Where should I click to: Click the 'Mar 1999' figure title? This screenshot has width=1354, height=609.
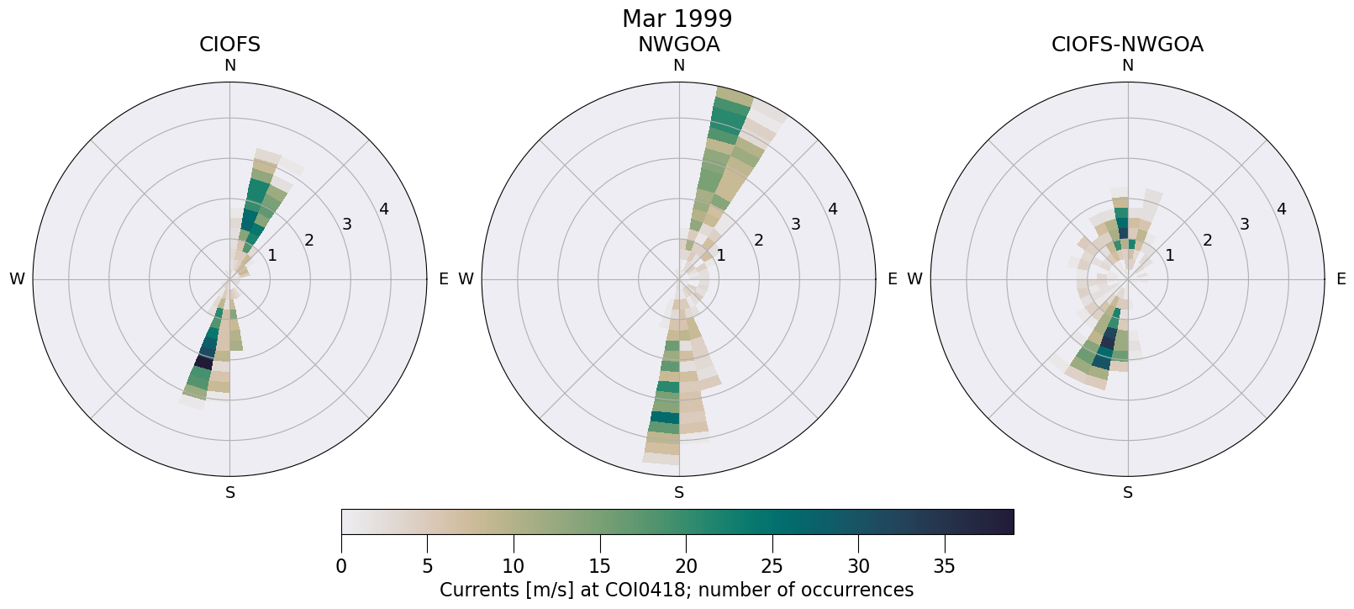click(x=677, y=19)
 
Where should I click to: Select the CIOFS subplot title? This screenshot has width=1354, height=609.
click(x=229, y=45)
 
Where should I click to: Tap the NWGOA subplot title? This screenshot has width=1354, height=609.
click(x=678, y=45)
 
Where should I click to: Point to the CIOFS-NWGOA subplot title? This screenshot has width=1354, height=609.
click(x=1127, y=45)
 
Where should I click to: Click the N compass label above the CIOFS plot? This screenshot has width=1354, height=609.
click(x=229, y=66)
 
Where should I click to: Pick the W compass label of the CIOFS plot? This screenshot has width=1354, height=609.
click(x=17, y=279)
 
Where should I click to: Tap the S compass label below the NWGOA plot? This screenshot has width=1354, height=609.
click(x=678, y=493)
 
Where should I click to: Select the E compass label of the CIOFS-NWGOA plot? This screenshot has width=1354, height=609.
click(x=1341, y=279)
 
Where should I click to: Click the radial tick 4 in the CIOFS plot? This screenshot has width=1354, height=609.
click(x=384, y=209)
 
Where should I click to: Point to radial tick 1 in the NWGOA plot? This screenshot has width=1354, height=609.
click(x=720, y=255)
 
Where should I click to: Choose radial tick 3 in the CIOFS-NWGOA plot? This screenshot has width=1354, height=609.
click(x=1244, y=225)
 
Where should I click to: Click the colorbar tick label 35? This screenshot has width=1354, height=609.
click(x=944, y=566)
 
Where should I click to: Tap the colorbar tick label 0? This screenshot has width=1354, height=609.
click(x=341, y=566)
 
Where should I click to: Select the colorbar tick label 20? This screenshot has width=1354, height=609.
click(x=686, y=566)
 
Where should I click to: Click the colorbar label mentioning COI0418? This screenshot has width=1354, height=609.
click(x=677, y=590)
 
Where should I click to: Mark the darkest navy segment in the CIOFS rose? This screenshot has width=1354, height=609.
click(x=203, y=362)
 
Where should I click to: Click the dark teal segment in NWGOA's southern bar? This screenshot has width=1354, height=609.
click(x=664, y=417)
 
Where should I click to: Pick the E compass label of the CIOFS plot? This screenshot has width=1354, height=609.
click(x=443, y=279)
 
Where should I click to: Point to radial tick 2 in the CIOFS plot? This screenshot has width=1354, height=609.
click(x=309, y=241)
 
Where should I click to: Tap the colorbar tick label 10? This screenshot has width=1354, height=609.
click(x=514, y=566)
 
